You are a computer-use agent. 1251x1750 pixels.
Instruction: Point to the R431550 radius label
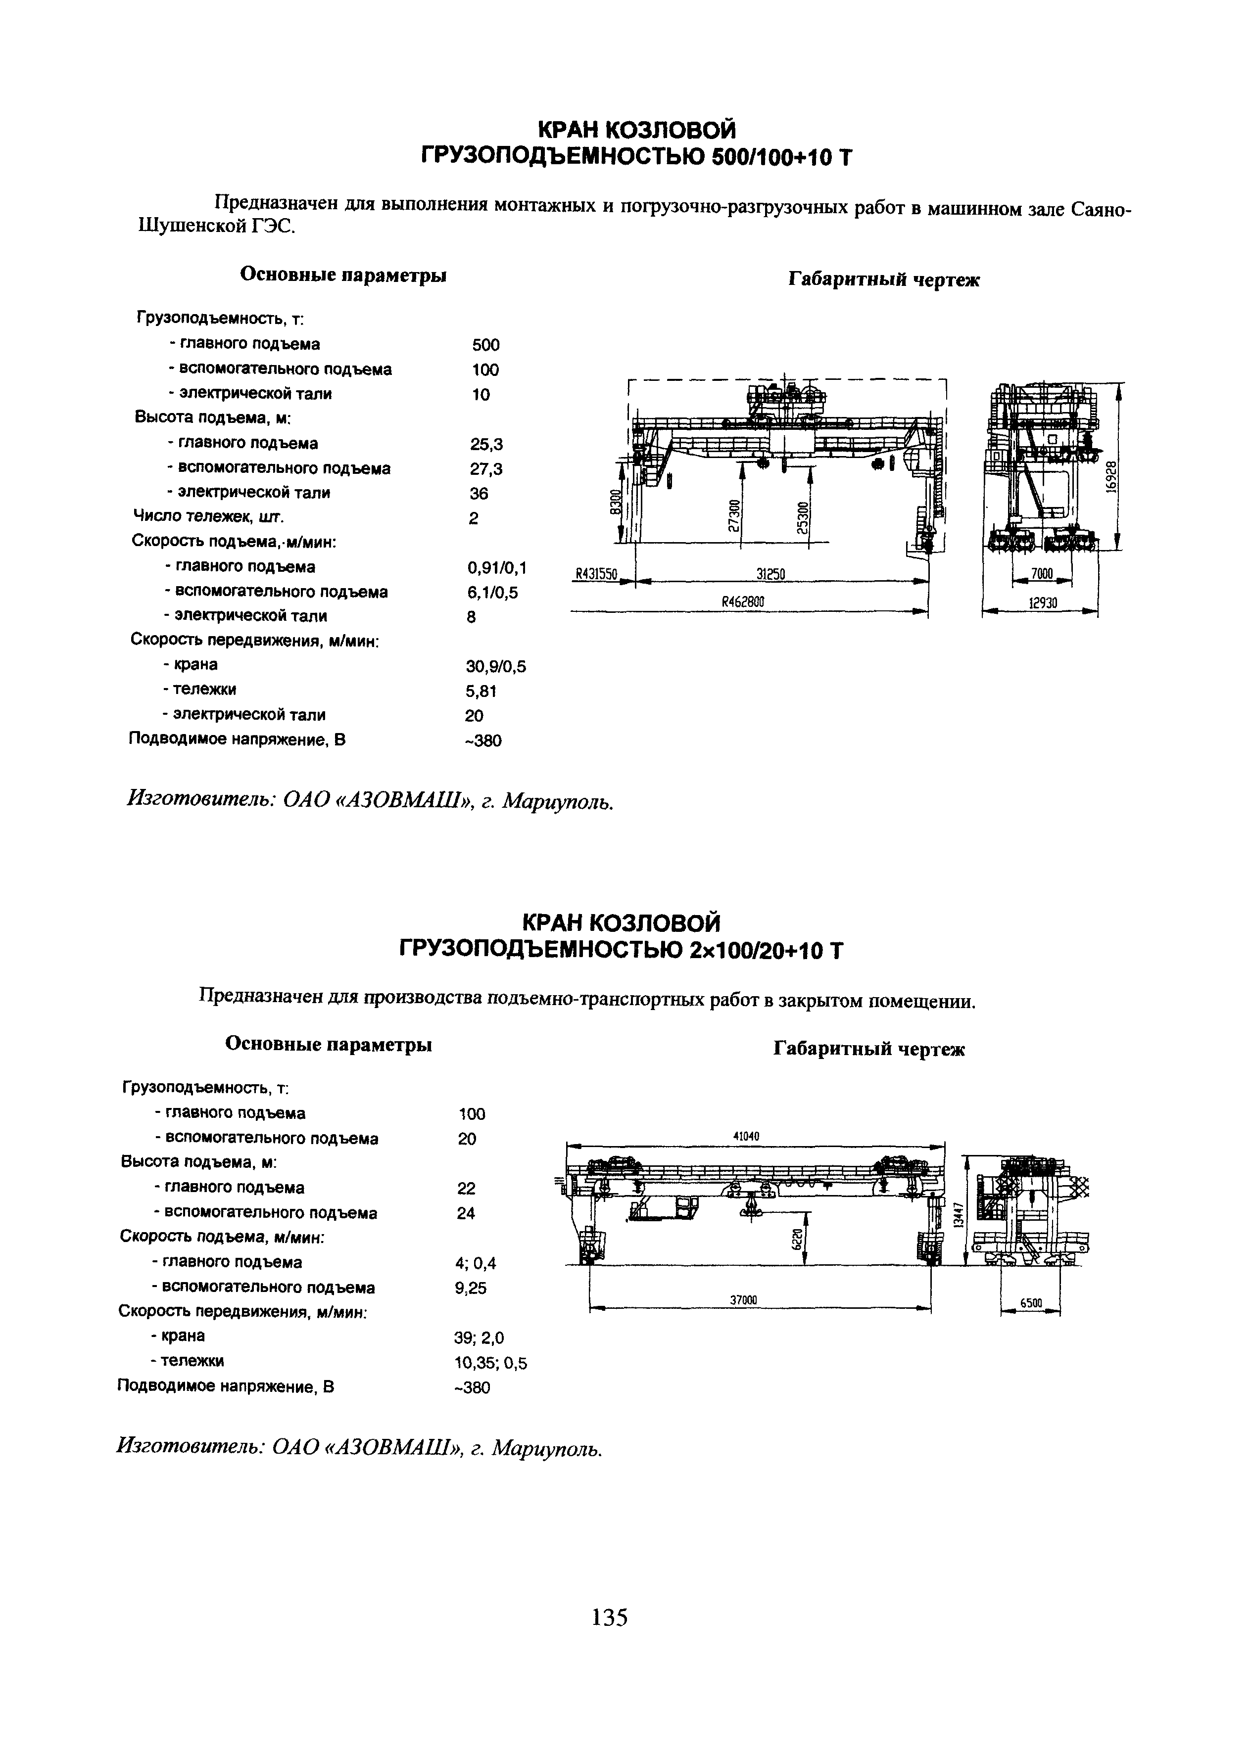tap(598, 574)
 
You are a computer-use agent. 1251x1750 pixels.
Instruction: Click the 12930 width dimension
tap(1042, 604)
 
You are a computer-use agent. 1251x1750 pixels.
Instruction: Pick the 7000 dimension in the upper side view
tap(1042, 574)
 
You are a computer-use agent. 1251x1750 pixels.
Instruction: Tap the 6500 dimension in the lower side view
tap(1031, 1303)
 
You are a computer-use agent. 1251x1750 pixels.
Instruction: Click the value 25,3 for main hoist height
tap(486, 444)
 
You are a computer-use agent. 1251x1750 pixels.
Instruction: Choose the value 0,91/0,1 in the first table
tap(497, 568)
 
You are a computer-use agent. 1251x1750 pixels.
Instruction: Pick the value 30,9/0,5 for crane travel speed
tap(495, 667)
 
